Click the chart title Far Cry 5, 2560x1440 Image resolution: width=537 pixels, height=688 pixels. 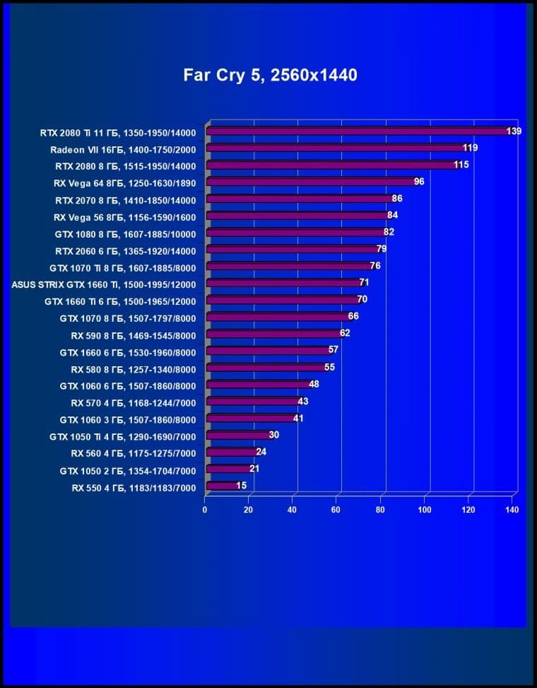coord(270,74)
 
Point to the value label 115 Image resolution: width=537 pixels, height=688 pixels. coord(461,165)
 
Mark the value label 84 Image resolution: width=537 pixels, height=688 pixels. coord(393,215)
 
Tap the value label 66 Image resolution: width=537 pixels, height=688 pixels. coord(353,317)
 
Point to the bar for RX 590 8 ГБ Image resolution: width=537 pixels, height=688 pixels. coord(273,334)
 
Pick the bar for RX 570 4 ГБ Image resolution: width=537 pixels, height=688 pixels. coord(252,402)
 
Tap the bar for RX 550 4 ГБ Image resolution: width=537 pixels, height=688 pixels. coord(221,486)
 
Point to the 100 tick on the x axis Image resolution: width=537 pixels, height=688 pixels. coord(425,510)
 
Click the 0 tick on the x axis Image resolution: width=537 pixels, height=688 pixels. coord(205,510)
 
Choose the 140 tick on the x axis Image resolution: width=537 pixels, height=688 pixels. coord(513,510)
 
